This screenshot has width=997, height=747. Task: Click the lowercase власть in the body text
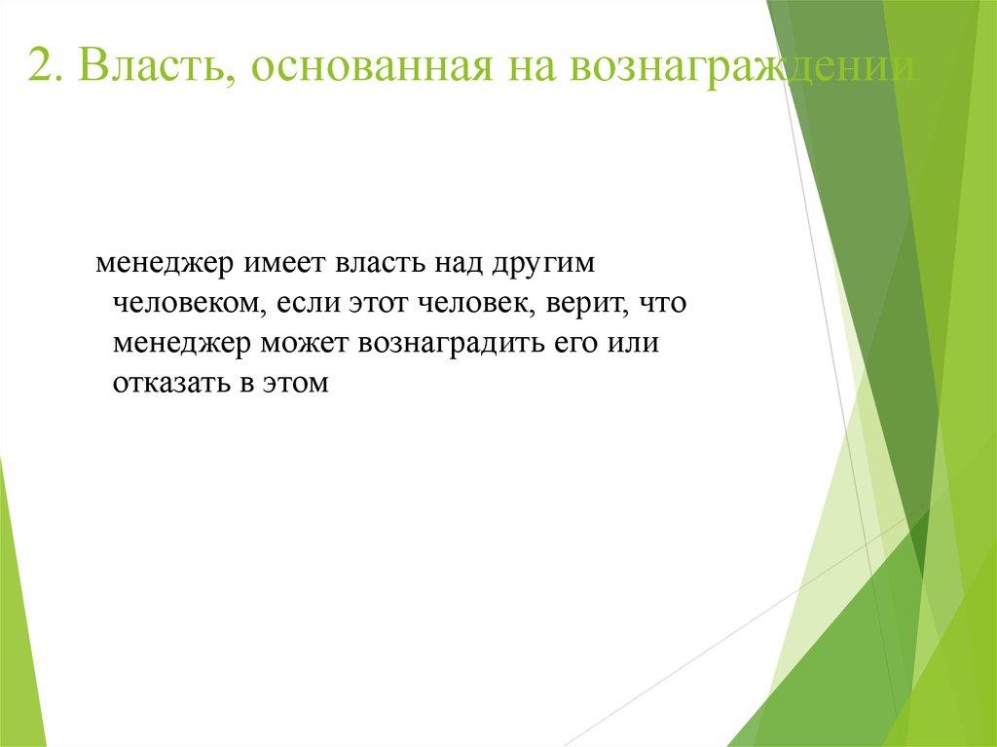click(x=381, y=265)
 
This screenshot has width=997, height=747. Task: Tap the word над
click(x=460, y=265)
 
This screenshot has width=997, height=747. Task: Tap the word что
click(x=664, y=304)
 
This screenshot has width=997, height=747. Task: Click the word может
click(x=307, y=345)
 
